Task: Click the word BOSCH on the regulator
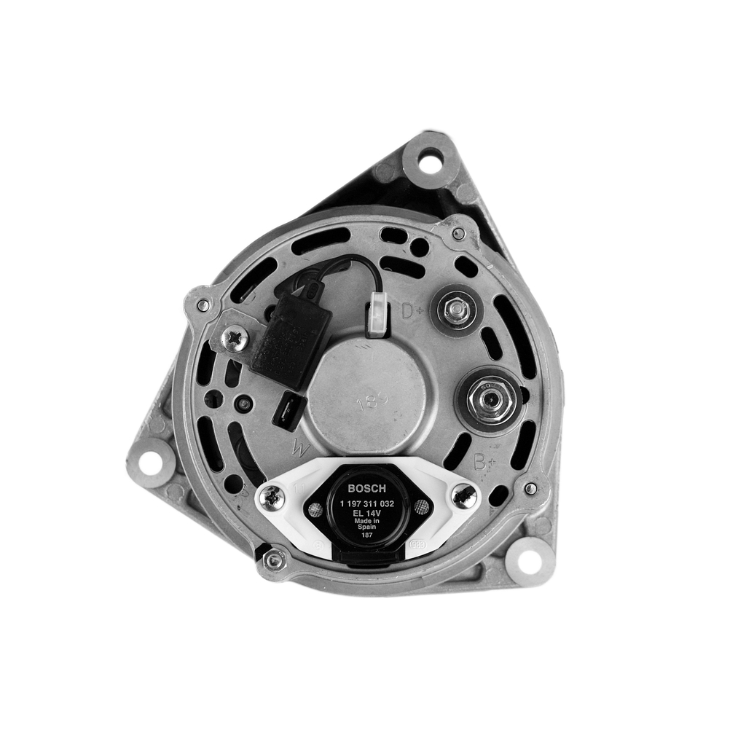(367, 489)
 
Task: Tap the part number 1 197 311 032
(367, 503)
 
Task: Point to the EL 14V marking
(367, 513)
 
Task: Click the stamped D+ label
(413, 312)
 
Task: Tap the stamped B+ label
(484, 461)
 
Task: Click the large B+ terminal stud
(488, 399)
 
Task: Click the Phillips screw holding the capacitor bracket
(234, 339)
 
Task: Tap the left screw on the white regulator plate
(272, 498)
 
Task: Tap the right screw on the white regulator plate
(463, 496)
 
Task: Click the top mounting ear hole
(430, 160)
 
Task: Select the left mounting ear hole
(150, 461)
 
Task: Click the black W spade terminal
(284, 411)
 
